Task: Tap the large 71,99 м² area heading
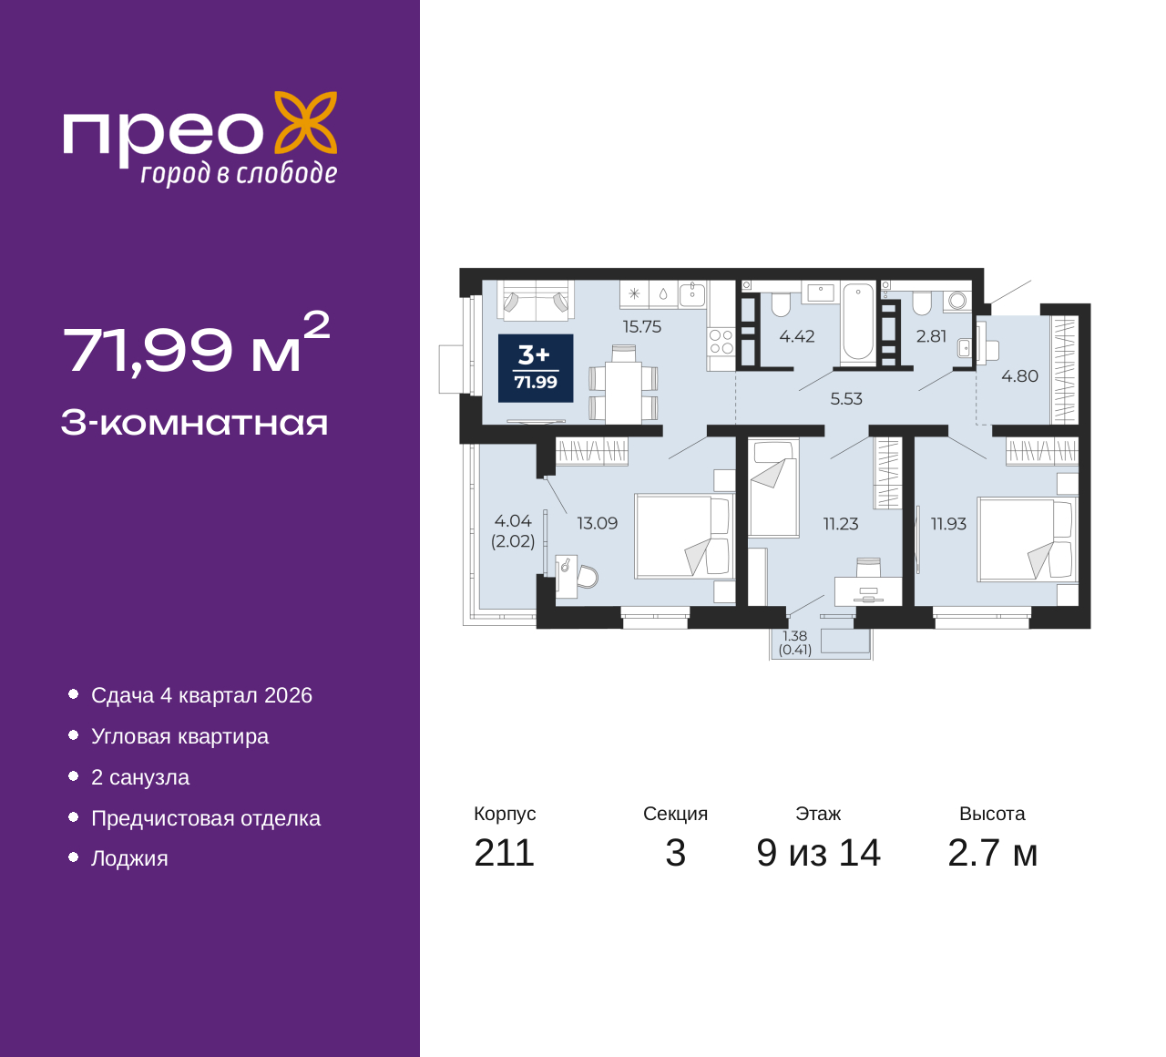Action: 195,344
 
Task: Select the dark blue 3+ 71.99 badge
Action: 536,368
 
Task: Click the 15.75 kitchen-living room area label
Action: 641,327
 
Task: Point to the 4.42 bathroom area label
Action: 797,337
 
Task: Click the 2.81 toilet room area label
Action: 931,336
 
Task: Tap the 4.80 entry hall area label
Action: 1019,376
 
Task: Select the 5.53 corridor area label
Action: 846,399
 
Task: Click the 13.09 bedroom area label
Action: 597,524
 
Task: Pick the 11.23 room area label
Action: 840,524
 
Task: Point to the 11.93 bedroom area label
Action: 948,524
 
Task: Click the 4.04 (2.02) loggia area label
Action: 513,531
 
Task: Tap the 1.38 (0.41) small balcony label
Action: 795,643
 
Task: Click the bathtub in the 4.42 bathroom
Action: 858,323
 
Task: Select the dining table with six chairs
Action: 624,392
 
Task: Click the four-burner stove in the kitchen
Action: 721,343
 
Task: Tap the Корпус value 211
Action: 504,853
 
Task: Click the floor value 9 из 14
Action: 818,853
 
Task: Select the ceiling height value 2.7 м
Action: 992,853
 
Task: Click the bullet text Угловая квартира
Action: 179,736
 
